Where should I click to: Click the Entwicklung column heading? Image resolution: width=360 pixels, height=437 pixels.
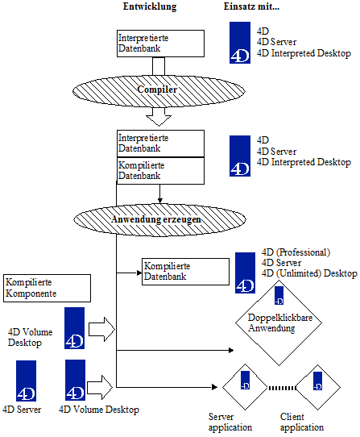pyautogui.click(x=150, y=6)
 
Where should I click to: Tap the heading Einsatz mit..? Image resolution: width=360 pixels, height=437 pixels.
pyautogui.click(x=251, y=6)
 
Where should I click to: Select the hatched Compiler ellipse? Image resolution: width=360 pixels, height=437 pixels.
pyautogui.click(x=159, y=91)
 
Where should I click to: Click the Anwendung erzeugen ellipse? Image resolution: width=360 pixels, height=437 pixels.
pyautogui.click(x=159, y=220)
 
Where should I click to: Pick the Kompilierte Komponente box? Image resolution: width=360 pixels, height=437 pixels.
pyautogui.click(x=47, y=288)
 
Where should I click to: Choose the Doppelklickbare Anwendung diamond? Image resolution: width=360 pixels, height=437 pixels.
pyautogui.click(x=279, y=323)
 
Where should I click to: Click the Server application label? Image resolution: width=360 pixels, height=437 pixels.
pyautogui.click(x=230, y=422)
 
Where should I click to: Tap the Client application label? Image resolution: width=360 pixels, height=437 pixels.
pyautogui.click(x=302, y=422)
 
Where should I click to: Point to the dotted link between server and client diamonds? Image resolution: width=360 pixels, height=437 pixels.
pyautogui.click(x=282, y=388)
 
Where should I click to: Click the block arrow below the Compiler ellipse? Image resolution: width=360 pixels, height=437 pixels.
pyautogui.click(x=159, y=117)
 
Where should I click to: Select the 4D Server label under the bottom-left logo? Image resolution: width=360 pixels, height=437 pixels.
pyautogui.click(x=22, y=410)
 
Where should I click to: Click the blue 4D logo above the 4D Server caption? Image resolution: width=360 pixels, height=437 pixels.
pyautogui.click(x=26, y=381)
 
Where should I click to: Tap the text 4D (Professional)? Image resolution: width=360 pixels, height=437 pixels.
pyautogui.click(x=296, y=252)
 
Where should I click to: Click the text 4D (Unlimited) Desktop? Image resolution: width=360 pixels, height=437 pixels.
pyautogui.click(x=309, y=273)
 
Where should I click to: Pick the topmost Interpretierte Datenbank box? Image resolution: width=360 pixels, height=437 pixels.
pyautogui.click(x=160, y=44)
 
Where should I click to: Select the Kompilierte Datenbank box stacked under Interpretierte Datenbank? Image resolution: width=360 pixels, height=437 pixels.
pyautogui.click(x=160, y=171)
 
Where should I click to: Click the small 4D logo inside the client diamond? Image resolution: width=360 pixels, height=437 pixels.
pyautogui.click(x=317, y=381)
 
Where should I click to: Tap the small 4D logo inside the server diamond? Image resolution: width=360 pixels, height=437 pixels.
pyautogui.click(x=245, y=380)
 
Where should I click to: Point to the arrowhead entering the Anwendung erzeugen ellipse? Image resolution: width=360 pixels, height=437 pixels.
pyautogui.click(x=159, y=201)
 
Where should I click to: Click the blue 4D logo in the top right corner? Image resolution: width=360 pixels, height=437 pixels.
pyautogui.click(x=240, y=43)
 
